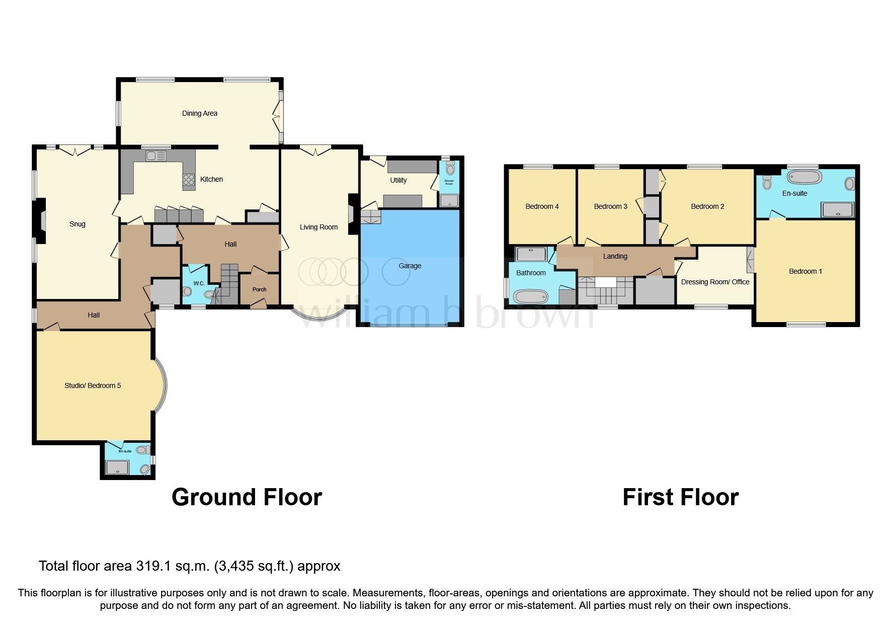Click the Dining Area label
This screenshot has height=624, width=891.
(199, 113)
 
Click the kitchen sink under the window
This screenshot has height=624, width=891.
(156, 156)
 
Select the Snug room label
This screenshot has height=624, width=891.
(77, 224)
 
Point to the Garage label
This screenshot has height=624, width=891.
(410, 266)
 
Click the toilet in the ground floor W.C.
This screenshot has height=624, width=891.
(188, 291)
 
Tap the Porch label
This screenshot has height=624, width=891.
(259, 289)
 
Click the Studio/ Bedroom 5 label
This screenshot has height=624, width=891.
(93, 385)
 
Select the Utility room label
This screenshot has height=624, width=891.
(398, 180)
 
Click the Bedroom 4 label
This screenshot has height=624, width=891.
(542, 206)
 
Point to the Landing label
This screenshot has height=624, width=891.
(615, 256)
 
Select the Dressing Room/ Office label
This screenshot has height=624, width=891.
(715, 282)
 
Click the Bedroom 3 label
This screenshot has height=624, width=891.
(610, 206)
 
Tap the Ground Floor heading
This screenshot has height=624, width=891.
(247, 497)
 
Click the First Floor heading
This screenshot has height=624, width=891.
(680, 497)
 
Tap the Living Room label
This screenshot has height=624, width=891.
(318, 227)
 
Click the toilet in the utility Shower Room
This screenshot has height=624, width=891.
(450, 168)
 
